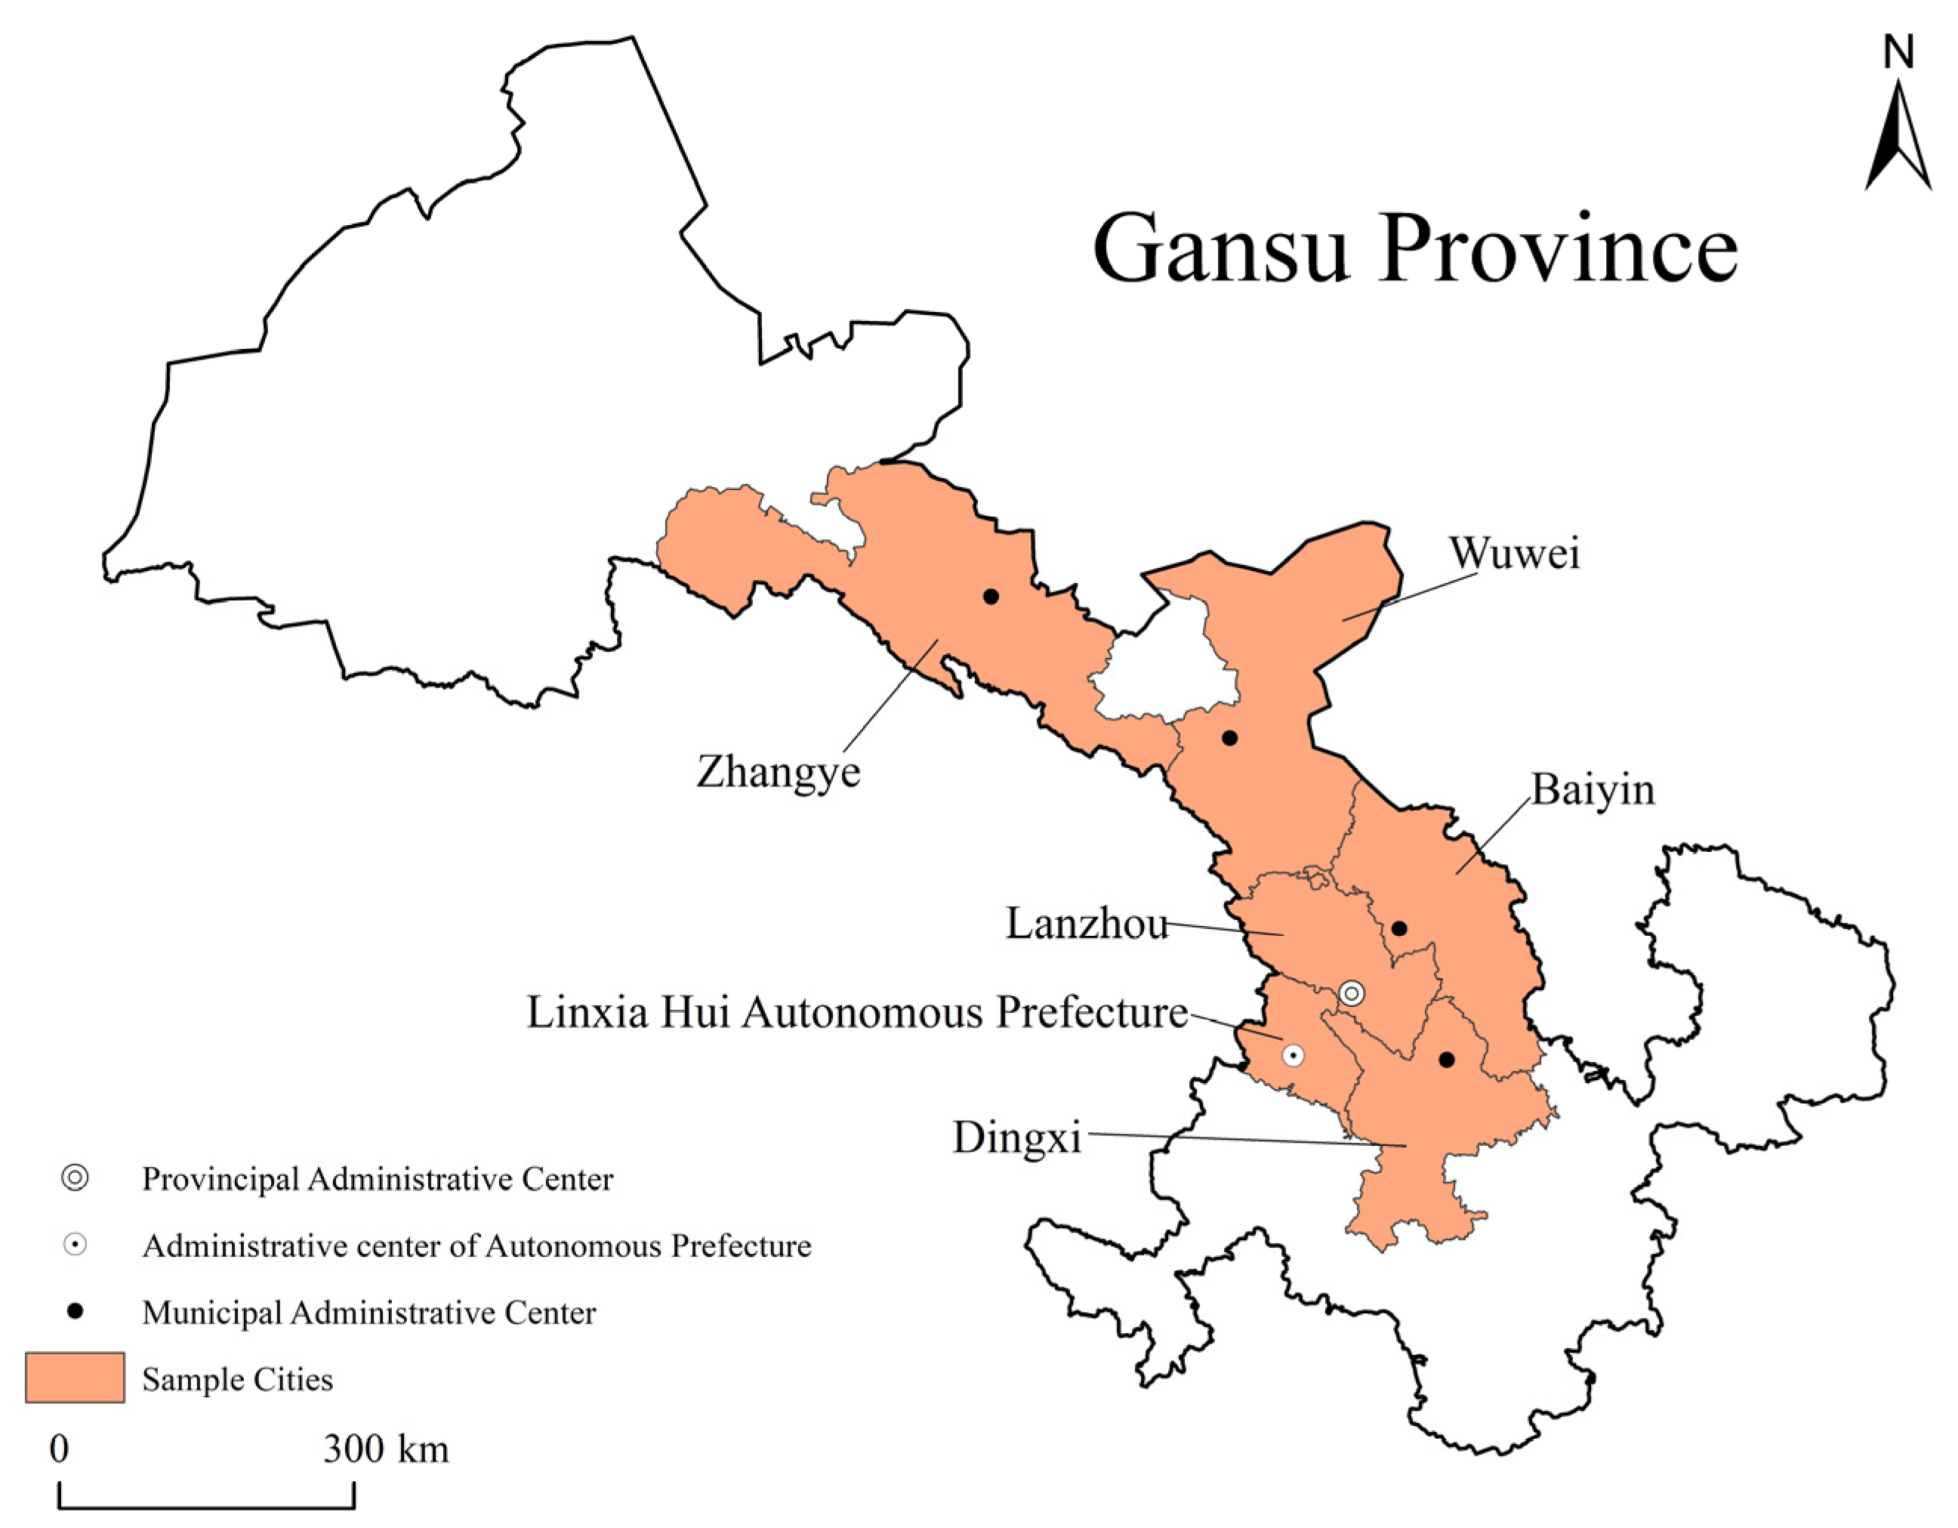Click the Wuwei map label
1514,554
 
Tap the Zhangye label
779,771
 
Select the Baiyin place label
1593,790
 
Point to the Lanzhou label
1087,924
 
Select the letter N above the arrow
1898,53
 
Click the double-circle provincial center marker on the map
1352,992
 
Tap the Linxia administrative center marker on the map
1293,1055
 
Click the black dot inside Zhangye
991,596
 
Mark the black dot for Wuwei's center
1230,738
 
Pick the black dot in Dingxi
1446,1060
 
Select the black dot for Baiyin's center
1398,928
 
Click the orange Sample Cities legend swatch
75,1378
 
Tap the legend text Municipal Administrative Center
368,1313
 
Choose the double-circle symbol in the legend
76,1178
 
